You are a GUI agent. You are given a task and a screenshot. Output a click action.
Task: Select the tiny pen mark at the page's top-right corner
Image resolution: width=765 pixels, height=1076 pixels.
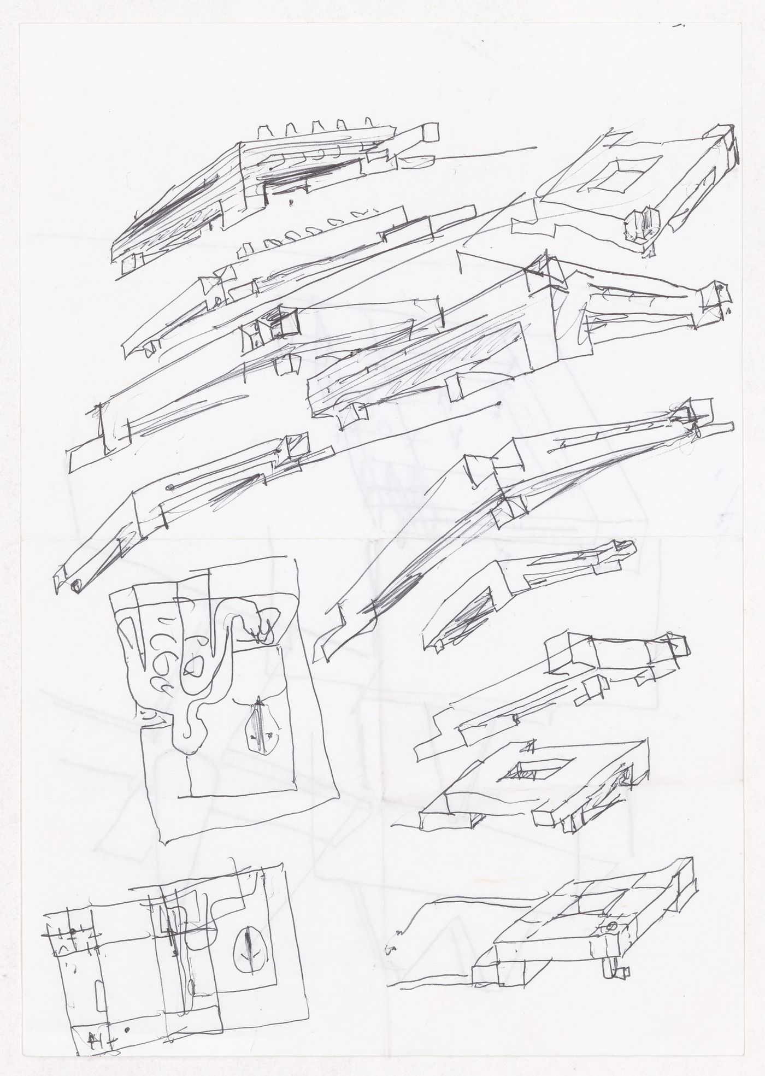tap(679, 25)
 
